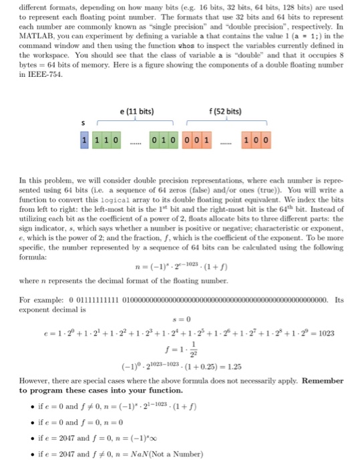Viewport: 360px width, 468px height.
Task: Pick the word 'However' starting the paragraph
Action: pos(36,390)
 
